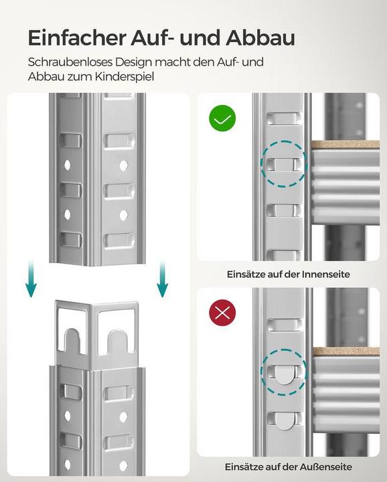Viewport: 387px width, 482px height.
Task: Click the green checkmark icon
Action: click(222, 118)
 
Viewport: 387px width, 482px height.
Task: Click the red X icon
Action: click(222, 312)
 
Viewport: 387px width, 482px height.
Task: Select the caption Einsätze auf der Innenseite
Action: click(288, 274)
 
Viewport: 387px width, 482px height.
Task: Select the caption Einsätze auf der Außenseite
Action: click(288, 467)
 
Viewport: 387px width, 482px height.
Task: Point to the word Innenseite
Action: click(325, 274)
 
